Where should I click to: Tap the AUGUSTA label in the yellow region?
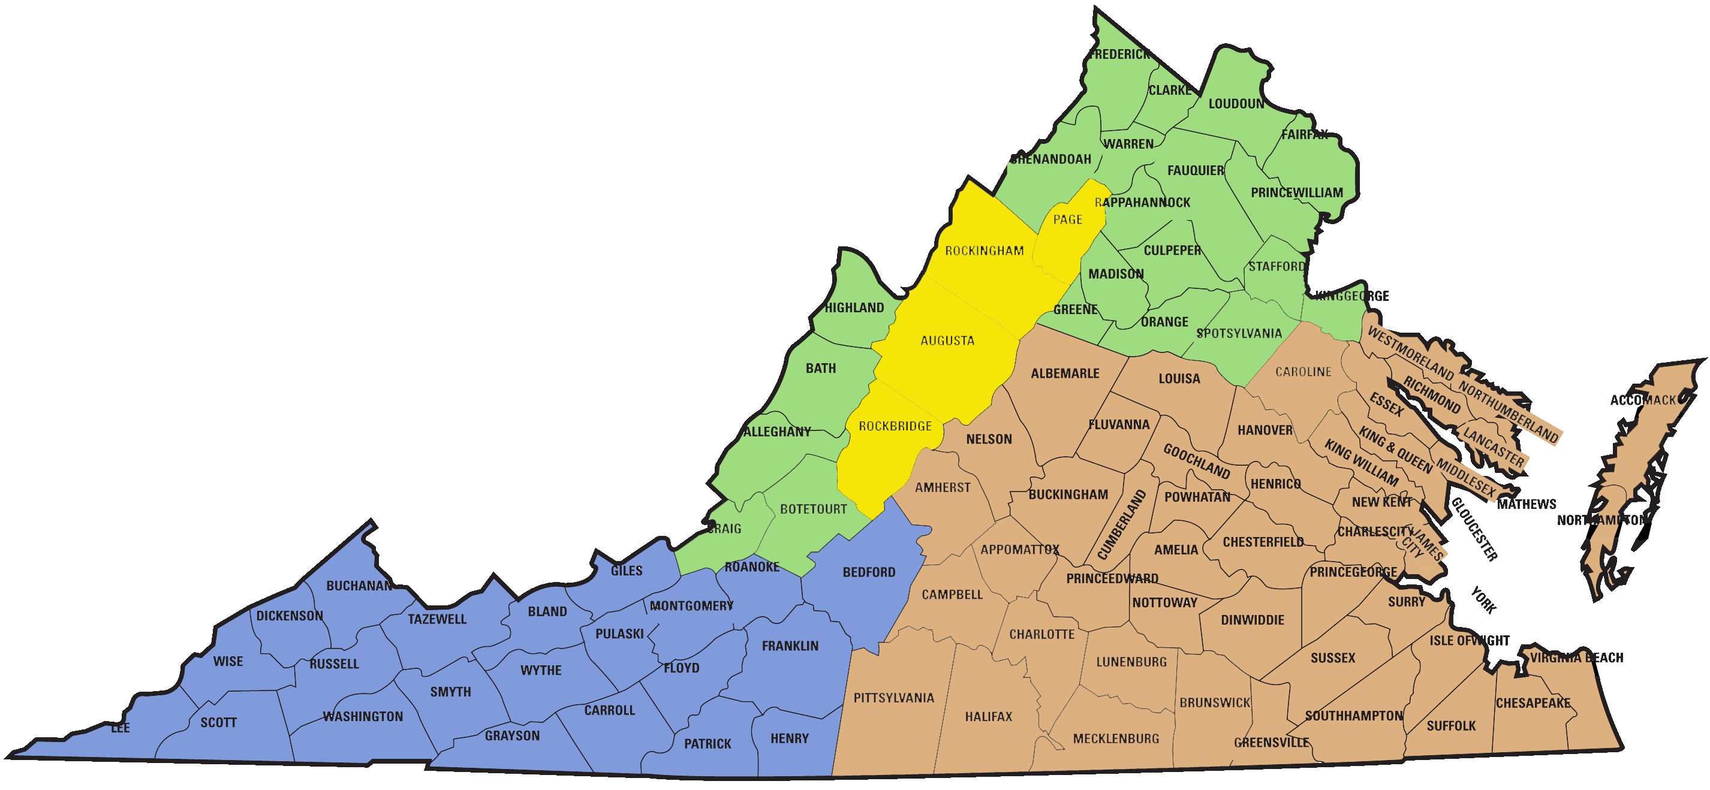947,340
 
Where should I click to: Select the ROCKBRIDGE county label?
895,426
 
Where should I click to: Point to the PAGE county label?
1067,219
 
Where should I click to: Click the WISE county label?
228,661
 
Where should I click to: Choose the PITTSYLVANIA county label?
893,698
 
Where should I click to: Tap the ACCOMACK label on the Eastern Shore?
1642,400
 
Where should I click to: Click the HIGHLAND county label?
854,307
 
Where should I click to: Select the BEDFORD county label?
869,572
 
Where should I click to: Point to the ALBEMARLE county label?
1065,374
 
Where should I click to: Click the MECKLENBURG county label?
1116,738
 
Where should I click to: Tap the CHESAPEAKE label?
1533,703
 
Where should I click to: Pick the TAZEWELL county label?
436,619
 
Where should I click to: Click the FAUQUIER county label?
1196,171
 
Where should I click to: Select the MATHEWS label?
1526,504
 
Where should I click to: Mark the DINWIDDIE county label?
1252,620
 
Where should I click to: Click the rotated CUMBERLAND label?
1122,524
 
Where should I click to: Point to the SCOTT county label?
218,722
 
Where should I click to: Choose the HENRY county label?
789,738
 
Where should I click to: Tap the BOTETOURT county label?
813,509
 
